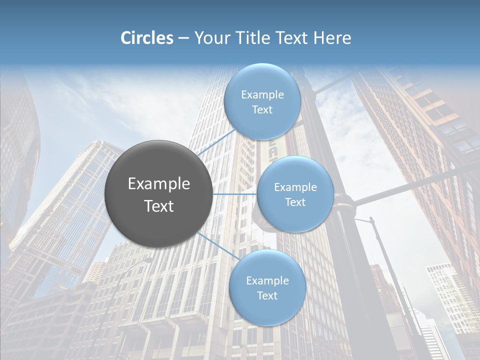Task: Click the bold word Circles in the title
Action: click(x=146, y=38)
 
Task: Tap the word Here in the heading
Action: click(x=332, y=38)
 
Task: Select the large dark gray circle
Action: click(x=159, y=194)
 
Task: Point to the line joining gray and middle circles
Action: click(x=234, y=194)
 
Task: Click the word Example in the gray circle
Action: click(x=159, y=184)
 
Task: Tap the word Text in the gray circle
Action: click(x=159, y=206)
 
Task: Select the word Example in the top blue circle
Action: click(x=262, y=95)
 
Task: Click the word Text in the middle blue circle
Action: click(x=295, y=202)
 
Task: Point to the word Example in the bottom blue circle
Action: click(x=267, y=281)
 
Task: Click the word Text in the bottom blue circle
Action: click(x=267, y=296)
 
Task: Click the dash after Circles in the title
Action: click(x=183, y=38)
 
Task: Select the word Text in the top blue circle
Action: click(x=262, y=110)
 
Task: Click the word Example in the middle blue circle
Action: click(x=295, y=187)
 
